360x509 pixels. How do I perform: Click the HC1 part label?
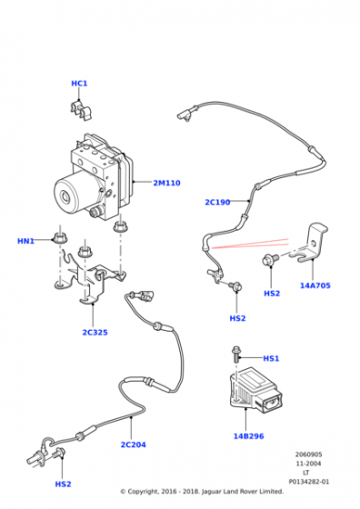79,84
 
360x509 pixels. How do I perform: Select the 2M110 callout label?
166,183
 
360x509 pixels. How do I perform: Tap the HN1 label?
25,241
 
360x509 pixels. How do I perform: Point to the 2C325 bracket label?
95,333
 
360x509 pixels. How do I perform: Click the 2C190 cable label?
217,202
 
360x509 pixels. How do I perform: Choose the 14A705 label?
315,285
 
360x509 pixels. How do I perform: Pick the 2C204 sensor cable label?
133,444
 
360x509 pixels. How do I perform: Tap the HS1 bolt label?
271,358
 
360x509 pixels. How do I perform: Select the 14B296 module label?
249,436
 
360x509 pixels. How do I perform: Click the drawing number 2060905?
308,454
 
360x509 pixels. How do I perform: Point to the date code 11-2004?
308,464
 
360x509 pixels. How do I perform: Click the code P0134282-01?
309,482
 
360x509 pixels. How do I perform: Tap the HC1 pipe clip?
81,111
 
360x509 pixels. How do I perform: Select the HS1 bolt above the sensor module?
235,355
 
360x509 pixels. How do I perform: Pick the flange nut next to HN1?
60,238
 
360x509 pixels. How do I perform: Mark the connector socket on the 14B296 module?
272,402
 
